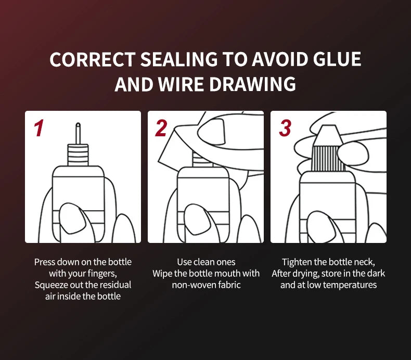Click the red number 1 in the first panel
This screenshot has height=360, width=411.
click(39, 128)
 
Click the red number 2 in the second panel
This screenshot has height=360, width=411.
click(161, 128)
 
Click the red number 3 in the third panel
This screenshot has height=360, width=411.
click(285, 128)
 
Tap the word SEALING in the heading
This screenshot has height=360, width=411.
click(179, 59)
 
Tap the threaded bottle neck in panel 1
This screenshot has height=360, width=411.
click(78, 155)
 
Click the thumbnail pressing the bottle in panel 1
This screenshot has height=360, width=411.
click(73, 218)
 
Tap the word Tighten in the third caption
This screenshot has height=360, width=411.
click(297, 262)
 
